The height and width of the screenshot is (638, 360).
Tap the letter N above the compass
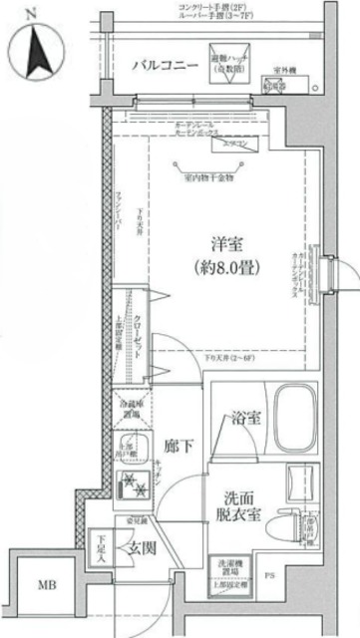[x=30, y=13]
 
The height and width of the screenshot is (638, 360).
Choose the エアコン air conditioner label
[x=236, y=144]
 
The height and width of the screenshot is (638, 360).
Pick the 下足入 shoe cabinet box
[x=101, y=547]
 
